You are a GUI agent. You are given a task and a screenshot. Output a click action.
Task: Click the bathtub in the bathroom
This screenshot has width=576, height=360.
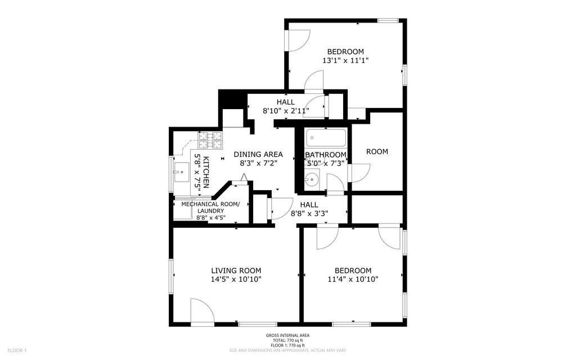click(x=326, y=138)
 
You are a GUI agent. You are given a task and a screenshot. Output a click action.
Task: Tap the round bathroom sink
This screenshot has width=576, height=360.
click(x=310, y=181)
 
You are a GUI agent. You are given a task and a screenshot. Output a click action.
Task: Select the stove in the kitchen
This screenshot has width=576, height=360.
click(x=209, y=136)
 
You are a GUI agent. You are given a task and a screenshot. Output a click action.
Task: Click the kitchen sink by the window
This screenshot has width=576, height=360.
click(x=182, y=172)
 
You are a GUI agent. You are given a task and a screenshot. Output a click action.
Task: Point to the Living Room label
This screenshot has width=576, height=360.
click(x=236, y=270)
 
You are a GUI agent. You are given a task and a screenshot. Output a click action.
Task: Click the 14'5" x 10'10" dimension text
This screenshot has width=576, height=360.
click(x=236, y=279)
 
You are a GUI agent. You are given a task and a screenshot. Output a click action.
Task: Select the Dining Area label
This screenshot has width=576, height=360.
click(x=258, y=154)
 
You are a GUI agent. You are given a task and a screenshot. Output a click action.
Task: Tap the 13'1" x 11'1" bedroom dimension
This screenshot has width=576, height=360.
click(x=345, y=60)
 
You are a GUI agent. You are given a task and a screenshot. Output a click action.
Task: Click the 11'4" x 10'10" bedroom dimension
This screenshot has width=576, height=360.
click(x=353, y=279)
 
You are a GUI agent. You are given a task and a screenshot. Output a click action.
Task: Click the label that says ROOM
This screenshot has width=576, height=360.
click(x=377, y=151)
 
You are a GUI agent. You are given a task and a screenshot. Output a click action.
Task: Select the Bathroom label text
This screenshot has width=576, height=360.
click(x=326, y=155)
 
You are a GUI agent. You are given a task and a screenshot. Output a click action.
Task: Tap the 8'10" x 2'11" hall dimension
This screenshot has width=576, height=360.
click(x=286, y=111)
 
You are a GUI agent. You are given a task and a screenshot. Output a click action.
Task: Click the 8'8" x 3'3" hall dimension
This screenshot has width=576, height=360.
click(x=309, y=213)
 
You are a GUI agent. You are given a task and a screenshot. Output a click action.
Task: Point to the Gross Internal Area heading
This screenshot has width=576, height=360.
click(x=287, y=336)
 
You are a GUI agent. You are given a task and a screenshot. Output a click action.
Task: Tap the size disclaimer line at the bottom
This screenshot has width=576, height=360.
click(x=287, y=350)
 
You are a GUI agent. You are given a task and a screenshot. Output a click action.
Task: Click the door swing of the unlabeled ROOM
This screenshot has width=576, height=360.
click(x=359, y=172)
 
